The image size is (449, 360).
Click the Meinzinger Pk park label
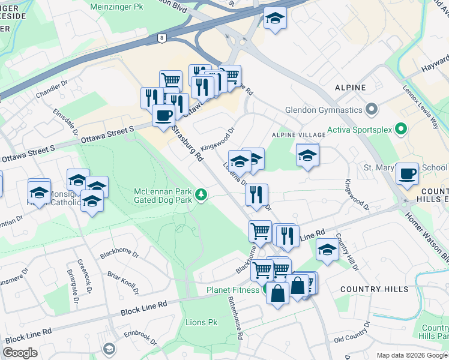(x=117, y=7)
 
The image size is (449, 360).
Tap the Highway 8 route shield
(x=161, y=38)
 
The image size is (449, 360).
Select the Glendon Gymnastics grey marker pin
(x=372, y=110)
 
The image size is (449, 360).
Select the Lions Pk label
(x=202, y=323)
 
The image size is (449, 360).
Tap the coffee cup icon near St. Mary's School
(x=407, y=173)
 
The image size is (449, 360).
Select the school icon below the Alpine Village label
(x=307, y=155)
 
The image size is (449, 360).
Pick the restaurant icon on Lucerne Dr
(x=256, y=194)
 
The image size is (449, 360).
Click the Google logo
(x=20, y=353)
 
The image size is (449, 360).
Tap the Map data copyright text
(x=411, y=355)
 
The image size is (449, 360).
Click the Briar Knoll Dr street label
(x=124, y=281)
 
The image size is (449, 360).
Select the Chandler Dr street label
(x=48, y=91)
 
